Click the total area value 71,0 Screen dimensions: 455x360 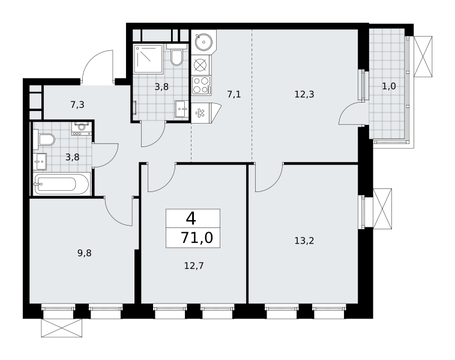[197, 238]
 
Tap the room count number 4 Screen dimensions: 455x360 [191, 218]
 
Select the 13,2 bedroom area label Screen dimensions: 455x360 [304, 241]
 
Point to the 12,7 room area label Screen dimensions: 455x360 [194, 265]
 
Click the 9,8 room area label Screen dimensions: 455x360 [85, 253]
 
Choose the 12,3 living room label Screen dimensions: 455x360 [304, 94]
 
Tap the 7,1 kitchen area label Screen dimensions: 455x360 [234, 94]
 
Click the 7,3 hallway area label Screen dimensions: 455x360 [77, 104]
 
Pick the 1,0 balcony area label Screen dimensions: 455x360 [389, 86]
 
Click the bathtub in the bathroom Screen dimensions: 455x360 [61, 184]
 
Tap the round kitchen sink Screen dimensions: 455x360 [203, 42]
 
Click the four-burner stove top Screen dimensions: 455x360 [201, 85]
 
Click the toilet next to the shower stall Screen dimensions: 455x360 [176, 55]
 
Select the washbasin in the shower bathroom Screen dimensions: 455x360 [182, 109]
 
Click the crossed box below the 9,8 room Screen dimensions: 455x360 [61, 328]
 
